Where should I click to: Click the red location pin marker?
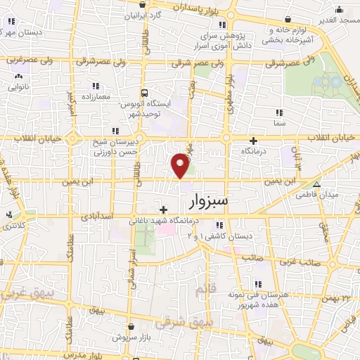[181, 165]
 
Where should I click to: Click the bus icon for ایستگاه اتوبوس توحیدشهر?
[144, 93]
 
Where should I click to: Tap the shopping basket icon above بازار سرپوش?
[133, 326]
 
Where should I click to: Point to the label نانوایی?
[18, 89]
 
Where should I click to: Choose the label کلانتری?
[13, 225]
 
